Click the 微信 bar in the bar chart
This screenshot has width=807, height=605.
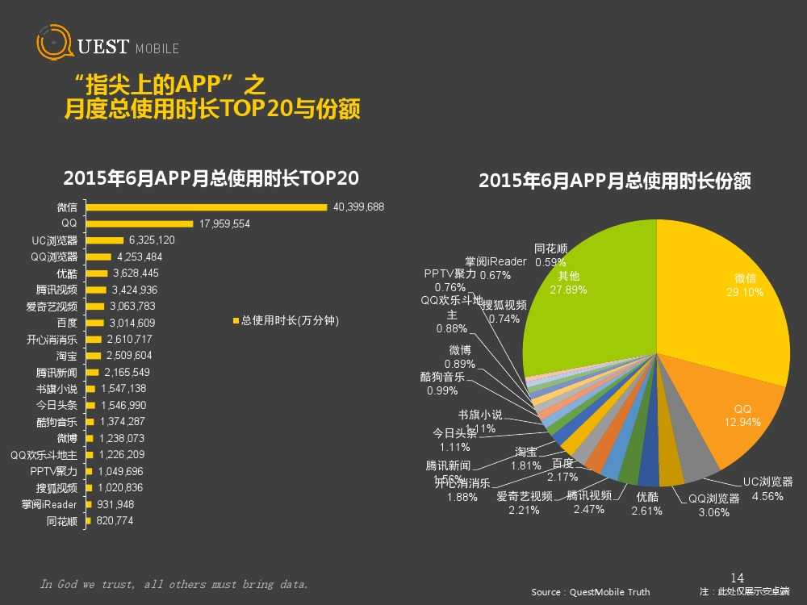pos(207,207)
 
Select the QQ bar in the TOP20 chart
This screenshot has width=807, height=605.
pos(139,223)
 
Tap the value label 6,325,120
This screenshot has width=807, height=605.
pos(151,240)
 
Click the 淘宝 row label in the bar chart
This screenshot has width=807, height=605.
pos(67,356)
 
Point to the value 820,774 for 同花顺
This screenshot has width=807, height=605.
pos(113,521)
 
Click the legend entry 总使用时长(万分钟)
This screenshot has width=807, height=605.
pos(286,321)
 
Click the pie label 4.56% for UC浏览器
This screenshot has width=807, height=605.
pos(767,496)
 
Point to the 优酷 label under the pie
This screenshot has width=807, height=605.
pos(646,497)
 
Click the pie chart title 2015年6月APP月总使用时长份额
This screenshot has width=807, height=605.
pos(615,181)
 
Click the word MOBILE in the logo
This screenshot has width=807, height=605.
pos(157,49)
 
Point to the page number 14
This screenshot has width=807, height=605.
pos(736,578)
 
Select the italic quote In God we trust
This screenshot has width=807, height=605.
pos(174,584)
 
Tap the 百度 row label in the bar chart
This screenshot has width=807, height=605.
pos(67,323)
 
